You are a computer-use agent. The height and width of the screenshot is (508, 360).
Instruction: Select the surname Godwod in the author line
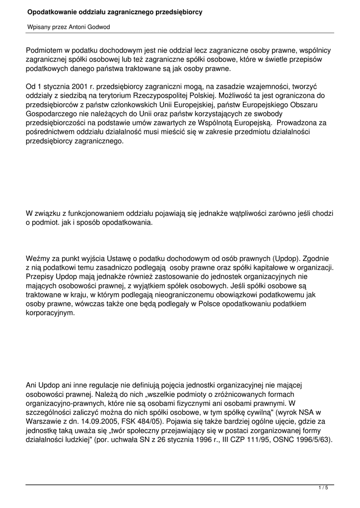tap(98, 27)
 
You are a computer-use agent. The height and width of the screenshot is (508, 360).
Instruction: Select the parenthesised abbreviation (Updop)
tap(288, 258)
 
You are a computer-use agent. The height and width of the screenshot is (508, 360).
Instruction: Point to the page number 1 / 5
tap(323, 488)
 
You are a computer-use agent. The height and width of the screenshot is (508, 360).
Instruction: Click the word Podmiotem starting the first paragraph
tap(45, 51)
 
